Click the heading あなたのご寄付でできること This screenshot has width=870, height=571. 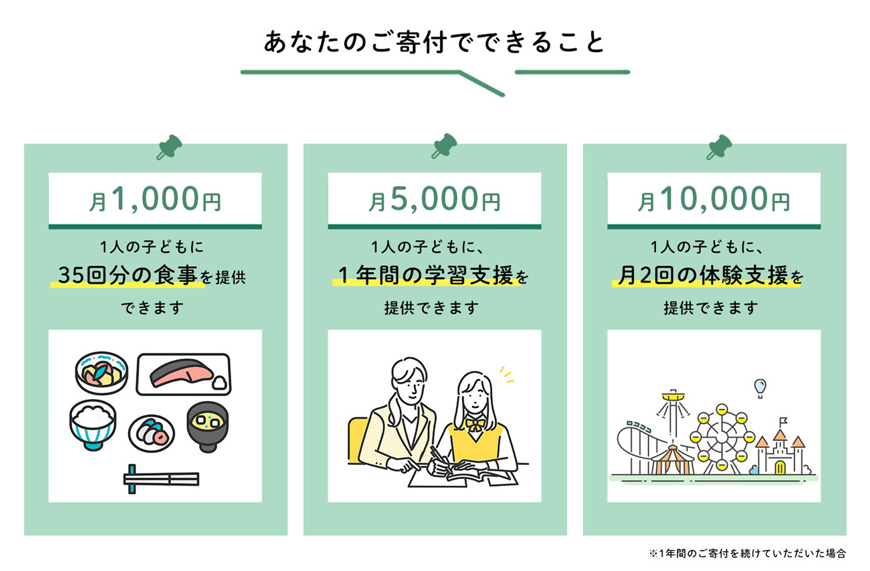[434, 43]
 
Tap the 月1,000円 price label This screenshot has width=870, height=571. [155, 199]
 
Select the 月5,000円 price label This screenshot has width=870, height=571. [435, 199]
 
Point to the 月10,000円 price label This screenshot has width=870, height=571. [714, 199]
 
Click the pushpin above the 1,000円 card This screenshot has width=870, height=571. [169, 147]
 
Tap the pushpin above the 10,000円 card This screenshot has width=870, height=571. [719, 147]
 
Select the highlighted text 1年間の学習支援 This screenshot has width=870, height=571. [425, 275]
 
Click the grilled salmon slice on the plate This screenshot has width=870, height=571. [181, 374]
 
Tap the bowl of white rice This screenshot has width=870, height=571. [93, 424]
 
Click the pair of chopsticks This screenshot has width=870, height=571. [161, 479]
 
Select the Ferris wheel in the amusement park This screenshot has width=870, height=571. [722, 437]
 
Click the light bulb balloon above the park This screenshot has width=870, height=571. [760, 388]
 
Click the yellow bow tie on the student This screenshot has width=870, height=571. [476, 425]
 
